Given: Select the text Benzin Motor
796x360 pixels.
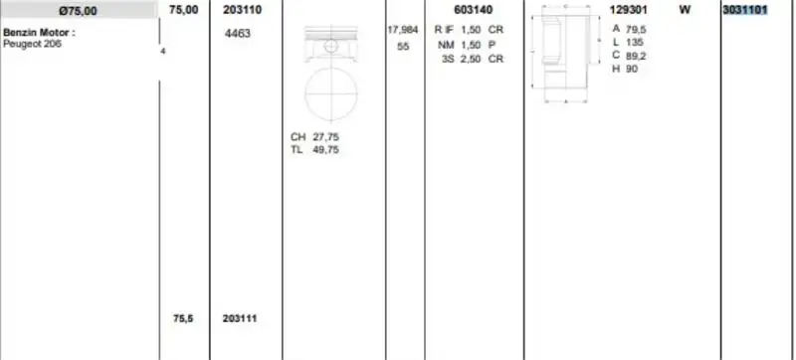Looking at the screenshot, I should (x=38, y=32).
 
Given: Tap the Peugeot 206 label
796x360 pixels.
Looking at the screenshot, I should (x=33, y=44).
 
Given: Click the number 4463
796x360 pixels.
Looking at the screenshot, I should (x=239, y=33).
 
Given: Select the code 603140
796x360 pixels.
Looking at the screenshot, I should (x=473, y=10).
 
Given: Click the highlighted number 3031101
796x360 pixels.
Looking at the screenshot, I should (x=745, y=10).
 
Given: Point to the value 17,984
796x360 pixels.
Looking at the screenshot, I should (x=402, y=30).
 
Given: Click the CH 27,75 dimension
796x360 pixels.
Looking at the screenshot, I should (x=315, y=136).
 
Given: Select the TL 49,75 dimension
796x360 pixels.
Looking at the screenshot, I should (x=315, y=149).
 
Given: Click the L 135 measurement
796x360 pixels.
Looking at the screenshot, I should (x=628, y=43).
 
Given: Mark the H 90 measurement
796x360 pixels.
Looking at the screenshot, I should (x=626, y=69).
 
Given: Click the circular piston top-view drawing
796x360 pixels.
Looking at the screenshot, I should (x=331, y=94).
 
